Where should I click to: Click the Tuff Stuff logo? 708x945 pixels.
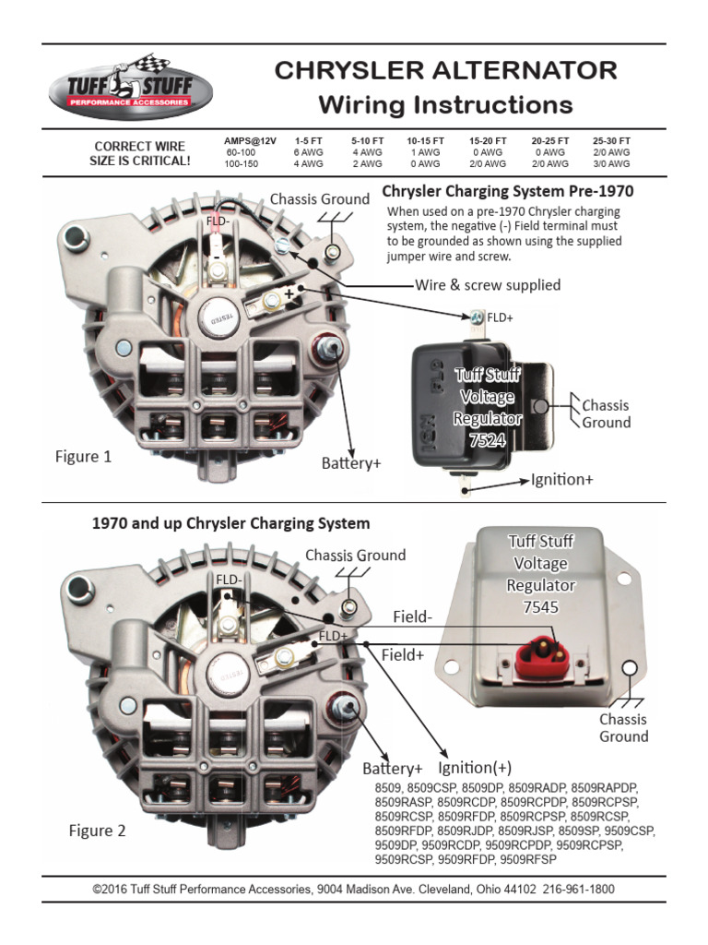[x=131, y=87]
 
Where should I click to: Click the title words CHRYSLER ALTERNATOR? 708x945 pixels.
[x=446, y=71]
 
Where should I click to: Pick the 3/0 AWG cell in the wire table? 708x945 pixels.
[x=612, y=163]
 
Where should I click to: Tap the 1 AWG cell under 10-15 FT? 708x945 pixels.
[x=425, y=152]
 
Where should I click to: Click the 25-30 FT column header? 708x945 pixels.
[x=612, y=140]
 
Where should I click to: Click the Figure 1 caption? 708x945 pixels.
[x=82, y=457]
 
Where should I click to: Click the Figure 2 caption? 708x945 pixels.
[x=97, y=831]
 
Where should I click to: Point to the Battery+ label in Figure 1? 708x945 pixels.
[x=350, y=463]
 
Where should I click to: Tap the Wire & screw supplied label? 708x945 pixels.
[x=488, y=285]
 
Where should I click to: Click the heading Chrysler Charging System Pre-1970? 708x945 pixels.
[x=508, y=192]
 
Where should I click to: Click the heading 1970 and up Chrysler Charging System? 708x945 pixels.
[x=230, y=523]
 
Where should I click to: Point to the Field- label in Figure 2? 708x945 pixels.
[x=412, y=617]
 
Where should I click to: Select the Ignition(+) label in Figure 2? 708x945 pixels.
[x=476, y=768]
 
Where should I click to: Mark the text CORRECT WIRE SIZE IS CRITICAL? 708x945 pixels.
[x=139, y=153]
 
